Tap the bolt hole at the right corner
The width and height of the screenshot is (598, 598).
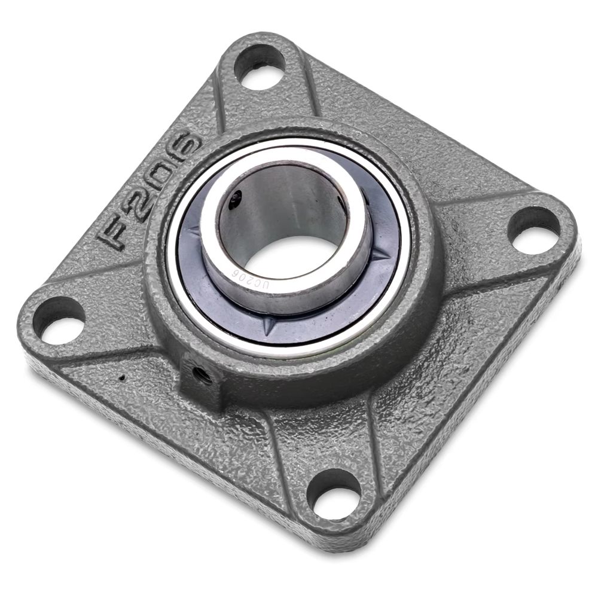click(x=534, y=230)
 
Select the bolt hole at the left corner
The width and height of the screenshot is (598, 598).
click(x=59, y=320)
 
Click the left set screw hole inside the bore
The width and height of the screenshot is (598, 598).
click(x=236, y=199)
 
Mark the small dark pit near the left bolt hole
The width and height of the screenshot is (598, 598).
click(x=123, y=377)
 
